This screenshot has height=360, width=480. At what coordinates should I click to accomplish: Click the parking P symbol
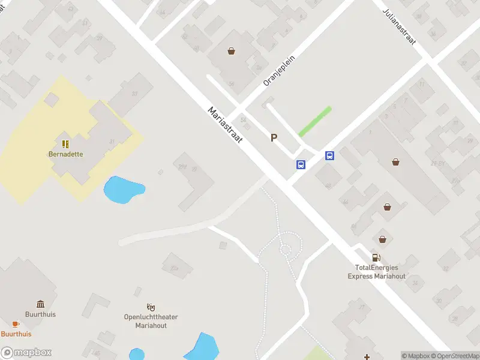274,137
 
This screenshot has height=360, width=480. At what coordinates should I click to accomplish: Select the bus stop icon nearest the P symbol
301,164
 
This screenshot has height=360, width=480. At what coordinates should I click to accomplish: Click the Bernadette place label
65,154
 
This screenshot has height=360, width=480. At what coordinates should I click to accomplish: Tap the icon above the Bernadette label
65,144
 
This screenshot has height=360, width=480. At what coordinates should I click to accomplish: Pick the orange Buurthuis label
16,334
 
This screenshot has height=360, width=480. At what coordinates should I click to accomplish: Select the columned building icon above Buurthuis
40,304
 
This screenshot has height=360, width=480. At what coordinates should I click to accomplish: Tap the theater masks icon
151,307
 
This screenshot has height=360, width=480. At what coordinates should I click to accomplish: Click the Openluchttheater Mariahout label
151,321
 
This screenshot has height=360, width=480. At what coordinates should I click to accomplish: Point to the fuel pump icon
377,258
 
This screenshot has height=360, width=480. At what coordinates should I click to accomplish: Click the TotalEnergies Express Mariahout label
377,272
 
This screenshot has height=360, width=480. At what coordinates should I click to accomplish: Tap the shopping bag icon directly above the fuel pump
382,239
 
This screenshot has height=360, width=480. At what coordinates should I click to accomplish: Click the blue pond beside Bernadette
123,189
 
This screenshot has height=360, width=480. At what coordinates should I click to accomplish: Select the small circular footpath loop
286,249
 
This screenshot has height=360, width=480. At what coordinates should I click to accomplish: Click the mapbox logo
26,352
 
